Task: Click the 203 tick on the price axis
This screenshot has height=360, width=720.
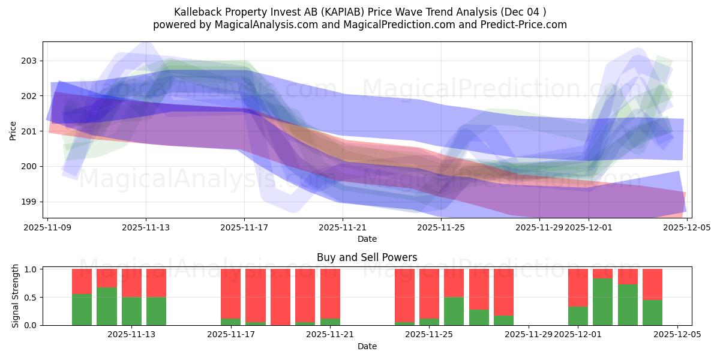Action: coord(29,61)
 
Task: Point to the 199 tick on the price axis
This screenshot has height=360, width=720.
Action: coord(29,202)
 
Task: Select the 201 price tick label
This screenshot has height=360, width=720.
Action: coord(29,131)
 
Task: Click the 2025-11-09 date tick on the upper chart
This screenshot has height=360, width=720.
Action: coord(47,227)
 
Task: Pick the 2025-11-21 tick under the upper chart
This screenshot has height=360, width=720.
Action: coord(343,227)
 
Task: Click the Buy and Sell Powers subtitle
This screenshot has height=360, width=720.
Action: coord(367,257)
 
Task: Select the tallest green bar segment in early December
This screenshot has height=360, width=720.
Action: coord(602,302)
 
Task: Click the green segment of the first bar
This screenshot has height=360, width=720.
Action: coord(82,310)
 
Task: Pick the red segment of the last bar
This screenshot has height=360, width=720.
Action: coord(652,284)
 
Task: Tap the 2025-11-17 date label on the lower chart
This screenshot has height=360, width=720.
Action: coord(230,334)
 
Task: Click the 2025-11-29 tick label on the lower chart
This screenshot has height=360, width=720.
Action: coord(528,334)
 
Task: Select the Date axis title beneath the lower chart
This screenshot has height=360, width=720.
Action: coord(367,346)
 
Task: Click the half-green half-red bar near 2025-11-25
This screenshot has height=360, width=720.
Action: coord(454,297)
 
